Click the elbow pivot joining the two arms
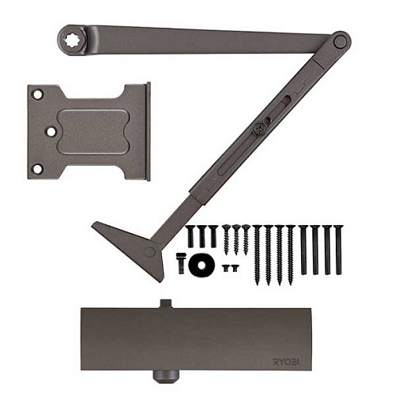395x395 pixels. (x=340, y=41)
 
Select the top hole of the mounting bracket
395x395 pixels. (x=37, y=95)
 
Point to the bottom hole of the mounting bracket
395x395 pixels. (x=37, y=168)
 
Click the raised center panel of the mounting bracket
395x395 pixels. (x=92, y=131)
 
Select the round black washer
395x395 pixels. (x=201, y=264)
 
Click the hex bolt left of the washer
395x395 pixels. (x=181, y=262)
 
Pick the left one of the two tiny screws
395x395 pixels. (x=226, y=268)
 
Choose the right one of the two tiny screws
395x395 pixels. (x=235, y=268)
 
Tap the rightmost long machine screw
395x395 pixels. (x=339, y=249)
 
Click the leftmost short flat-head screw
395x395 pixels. (x=190, y=235)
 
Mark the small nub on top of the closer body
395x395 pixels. (x=164, y=303)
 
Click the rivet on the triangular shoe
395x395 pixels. (x=150, y=251)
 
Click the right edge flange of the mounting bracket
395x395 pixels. (x=146, y=131)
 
